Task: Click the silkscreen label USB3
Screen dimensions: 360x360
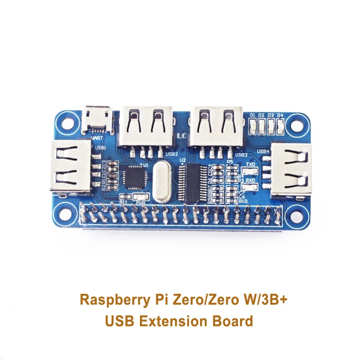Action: pyautogui.click(x=242, y=154)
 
